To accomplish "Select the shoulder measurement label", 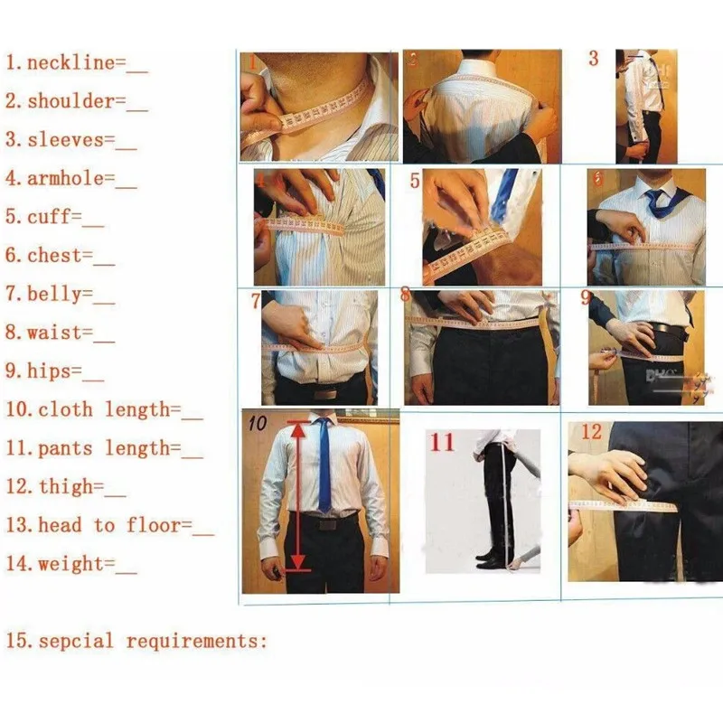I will tap(76, 101).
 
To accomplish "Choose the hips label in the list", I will tap(53, 371).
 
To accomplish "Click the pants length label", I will tap(104, 447).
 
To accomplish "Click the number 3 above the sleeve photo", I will tap(593, 60).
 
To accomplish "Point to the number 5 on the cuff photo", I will tap(415, 181).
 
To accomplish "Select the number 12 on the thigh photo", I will tap(591, 432).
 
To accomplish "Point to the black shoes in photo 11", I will tap(490, 558).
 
